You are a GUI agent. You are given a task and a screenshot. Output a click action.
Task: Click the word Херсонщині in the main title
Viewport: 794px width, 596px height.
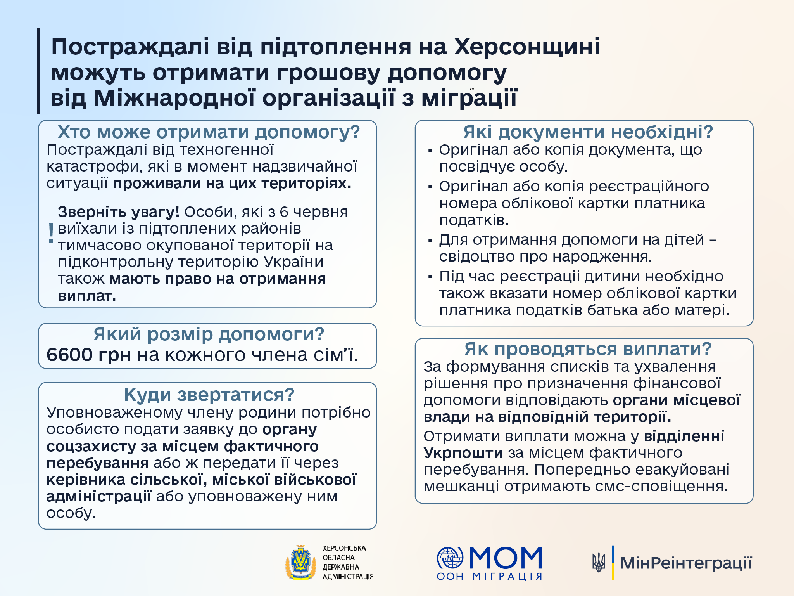pyautogui.click(x=526, y=47)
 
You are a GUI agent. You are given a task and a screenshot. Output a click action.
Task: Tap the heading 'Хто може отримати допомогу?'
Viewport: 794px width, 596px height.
pyautogui.click(x=209, y=132)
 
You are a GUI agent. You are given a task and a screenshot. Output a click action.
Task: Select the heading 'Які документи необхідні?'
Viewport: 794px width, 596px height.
pyautogui.click(x=588, y=132)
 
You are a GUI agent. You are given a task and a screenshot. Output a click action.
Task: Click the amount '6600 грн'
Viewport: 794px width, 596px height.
pyautogui.click(x=88, y=355)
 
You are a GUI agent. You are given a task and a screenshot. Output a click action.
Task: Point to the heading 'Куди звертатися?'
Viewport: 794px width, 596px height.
pyautogui.click(x=209, y=395)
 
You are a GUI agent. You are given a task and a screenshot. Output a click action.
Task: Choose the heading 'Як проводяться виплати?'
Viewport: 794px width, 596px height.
pyautogui.click(x=588, y=349)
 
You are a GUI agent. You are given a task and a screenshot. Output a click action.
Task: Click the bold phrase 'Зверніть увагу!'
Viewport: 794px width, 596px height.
pyautogui.click(x=118, y=212)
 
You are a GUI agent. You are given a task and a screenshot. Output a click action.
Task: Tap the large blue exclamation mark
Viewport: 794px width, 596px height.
pyautogui.click(x=51, y=233)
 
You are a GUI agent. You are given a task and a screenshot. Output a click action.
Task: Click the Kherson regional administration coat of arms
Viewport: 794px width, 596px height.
pyautogui.click(x=300, y=563)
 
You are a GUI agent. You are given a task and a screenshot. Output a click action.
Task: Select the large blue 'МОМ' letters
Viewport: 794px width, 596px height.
pyautogui.click(x=506, y=558)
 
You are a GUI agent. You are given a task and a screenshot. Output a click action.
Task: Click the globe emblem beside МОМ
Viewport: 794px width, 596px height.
pyautogui.click(x=450, y=558)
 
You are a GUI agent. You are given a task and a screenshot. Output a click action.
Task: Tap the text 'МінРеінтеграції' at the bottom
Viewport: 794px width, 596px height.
pyautogui.click(x=686, y=563)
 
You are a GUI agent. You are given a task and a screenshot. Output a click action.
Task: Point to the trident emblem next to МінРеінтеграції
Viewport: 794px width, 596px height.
pyautogui.click(x=599, y=563)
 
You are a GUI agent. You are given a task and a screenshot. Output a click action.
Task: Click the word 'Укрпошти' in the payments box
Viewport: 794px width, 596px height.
pyautogui.click(x=463, y=453)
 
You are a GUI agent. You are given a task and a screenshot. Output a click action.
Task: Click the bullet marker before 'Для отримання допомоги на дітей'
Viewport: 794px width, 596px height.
pyautogui.click(x=430, y=241)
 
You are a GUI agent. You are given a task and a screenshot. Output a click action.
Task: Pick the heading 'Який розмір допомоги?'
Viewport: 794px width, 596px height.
pyautogui.click(x=209, y=334)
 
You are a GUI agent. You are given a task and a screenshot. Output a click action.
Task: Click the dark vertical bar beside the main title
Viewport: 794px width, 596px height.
pyautogui.click(x=38, y=71)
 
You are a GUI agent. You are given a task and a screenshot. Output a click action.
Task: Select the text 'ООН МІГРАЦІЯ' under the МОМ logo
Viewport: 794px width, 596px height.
pyautogui.click(x=489, y=577)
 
